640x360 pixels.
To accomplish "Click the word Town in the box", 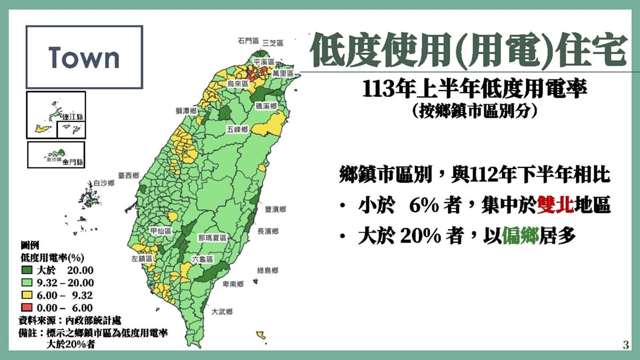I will point(84,57).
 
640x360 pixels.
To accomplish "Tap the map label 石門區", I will point(249,41).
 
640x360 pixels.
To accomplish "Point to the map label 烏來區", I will point(238,84).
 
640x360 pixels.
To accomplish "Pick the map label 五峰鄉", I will point(237,130).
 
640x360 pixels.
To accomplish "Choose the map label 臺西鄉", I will point(129,175).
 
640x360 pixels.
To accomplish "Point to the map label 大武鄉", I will point(222,311).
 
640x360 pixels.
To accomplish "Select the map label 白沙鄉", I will point(104,183).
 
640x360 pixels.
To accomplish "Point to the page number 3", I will point(626,345).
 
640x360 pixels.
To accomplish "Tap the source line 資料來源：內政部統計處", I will point(69,321).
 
